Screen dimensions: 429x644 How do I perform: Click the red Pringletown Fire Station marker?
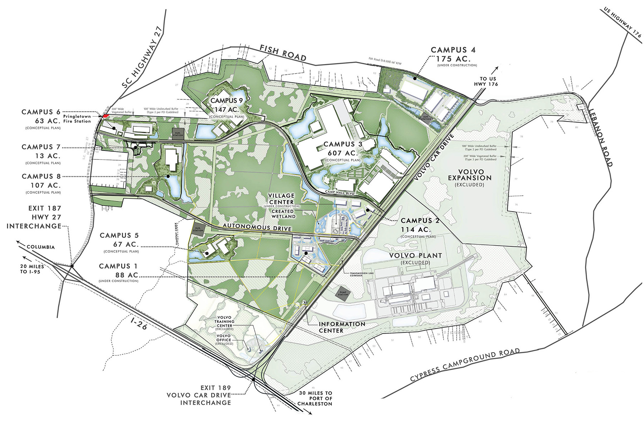[106, 115]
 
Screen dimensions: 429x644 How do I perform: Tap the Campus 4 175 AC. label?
[453, 54]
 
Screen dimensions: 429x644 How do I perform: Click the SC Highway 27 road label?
[142, 57]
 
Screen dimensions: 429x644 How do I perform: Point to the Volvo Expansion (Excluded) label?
[470, 178]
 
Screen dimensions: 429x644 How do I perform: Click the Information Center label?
[342, 327]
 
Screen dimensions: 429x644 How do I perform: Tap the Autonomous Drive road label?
[257, 227]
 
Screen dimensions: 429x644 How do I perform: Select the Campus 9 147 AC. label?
[226, 105]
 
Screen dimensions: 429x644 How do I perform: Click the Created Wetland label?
[283, 214]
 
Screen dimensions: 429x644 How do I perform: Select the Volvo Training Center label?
[224, 321]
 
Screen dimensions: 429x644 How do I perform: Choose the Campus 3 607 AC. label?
[343, 148]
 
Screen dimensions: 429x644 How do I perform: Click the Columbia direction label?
[40, 247]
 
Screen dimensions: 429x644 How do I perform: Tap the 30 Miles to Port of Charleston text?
[316, 398]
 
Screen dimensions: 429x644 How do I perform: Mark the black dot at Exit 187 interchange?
[72, 266]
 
